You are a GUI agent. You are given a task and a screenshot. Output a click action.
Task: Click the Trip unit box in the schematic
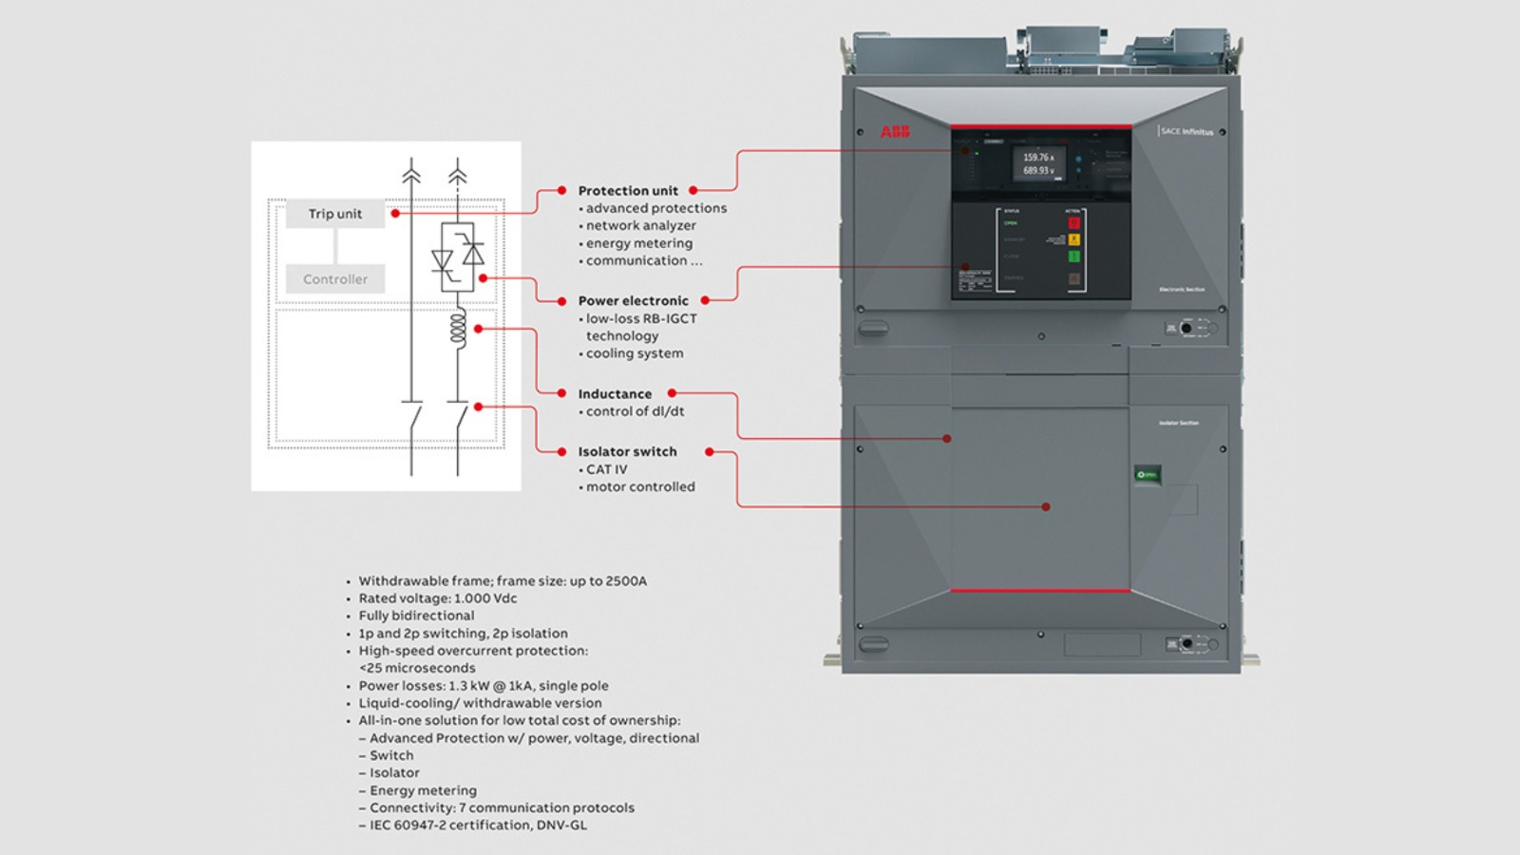tap(334, 214)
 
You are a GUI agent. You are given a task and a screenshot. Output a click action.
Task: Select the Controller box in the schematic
tap(334, 279)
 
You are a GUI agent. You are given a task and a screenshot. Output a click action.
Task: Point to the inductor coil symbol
tap(458, 329)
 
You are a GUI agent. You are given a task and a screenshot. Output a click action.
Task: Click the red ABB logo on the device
tap(895, 132)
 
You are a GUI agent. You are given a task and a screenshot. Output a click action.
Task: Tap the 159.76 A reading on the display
tap(1038, 158)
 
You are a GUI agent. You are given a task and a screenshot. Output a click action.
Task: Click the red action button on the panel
tap(1074, 223)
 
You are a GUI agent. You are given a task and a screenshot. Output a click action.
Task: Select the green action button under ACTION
tap(1074, 256)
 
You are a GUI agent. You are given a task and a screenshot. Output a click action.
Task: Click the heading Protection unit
tap(628, 191)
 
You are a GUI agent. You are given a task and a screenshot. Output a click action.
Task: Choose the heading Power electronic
tap(633, 301)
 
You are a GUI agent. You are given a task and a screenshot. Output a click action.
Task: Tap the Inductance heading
tap(615, 394)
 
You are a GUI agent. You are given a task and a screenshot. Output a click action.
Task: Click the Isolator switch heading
tap(627, 452)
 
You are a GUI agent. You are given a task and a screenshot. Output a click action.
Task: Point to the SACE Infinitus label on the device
tap(1187, 131)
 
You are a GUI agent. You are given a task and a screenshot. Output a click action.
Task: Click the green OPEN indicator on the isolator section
tap(1148, 474)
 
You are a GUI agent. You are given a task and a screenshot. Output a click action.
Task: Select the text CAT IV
tap(606, 469)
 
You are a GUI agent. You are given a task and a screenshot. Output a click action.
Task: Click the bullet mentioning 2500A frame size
tap(503, 581)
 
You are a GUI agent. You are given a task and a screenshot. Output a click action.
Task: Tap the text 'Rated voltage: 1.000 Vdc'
tap(438, 598)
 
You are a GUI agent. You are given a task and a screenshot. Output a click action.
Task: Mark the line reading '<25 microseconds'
tap(417, 668)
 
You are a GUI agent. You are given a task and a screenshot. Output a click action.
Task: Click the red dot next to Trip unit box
tap(395, 214)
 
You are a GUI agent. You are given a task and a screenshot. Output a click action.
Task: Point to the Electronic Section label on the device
tap(1182, 289)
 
